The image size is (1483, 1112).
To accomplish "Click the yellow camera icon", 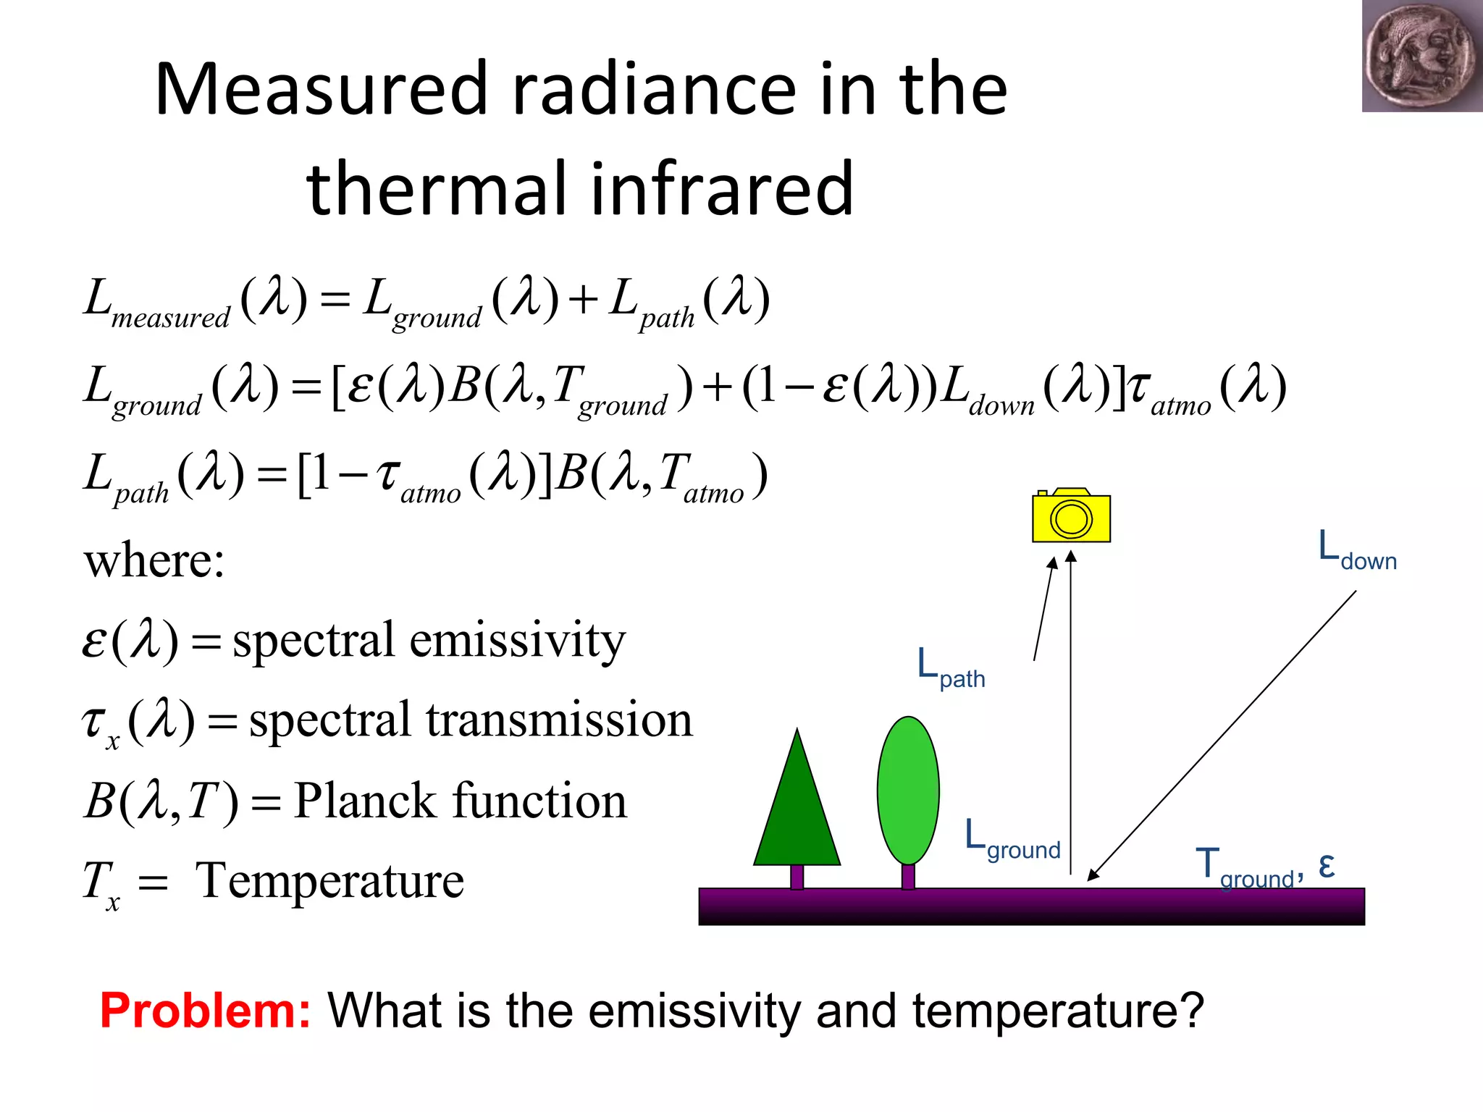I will click(x=1071, y=516).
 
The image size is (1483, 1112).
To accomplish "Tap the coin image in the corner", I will click(x=1421, y=56).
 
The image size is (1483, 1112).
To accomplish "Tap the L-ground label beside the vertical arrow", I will click(x=1012, y=840).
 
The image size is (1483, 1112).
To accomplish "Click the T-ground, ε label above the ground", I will click(x=1264, y=867).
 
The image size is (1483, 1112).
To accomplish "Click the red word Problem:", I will click(x=206, y=1011).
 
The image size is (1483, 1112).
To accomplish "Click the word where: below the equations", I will click(x=154, y=560).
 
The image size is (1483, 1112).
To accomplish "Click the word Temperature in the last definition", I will click(x=330, y=881).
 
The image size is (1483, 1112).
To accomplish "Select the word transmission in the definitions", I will click(x=558, y=720).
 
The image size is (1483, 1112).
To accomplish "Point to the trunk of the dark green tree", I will click(x=797, y=877).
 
